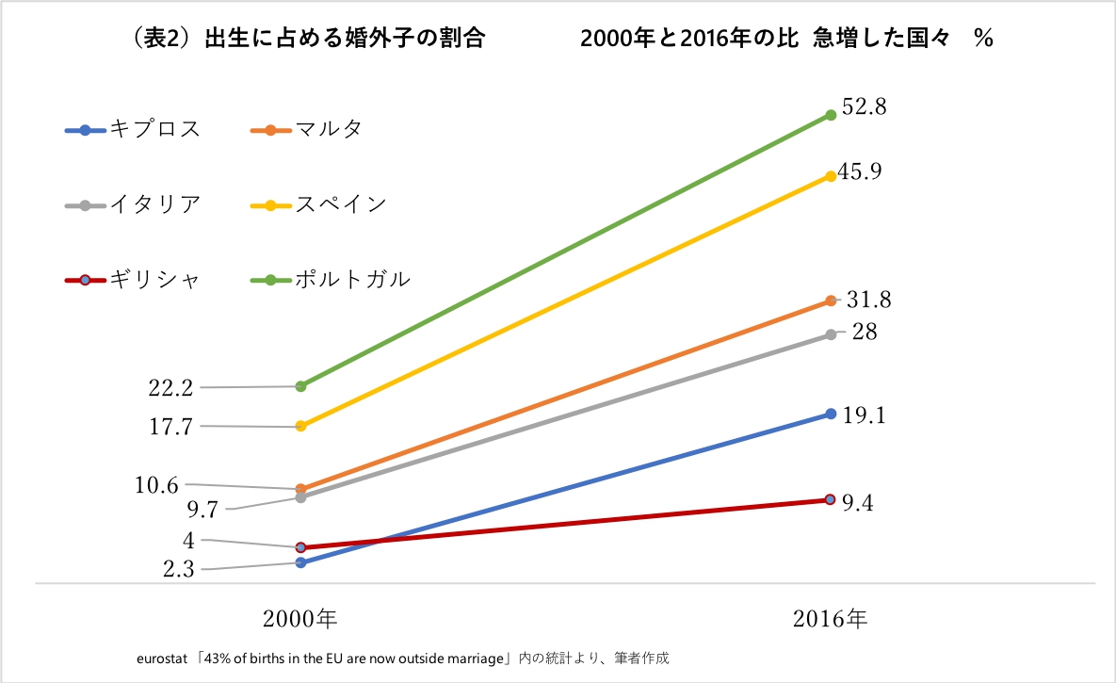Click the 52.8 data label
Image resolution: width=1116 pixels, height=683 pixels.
pos(864,107)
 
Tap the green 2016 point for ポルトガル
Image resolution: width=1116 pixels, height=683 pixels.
pos(831,115)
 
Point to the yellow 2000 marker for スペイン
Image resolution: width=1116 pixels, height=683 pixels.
pos(300,426)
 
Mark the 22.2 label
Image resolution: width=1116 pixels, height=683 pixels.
pos(170,387)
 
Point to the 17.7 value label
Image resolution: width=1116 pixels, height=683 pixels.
pos(170,427)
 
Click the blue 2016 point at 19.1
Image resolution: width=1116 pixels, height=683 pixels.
pos(831,414)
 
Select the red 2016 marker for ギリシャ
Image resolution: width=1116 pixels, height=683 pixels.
pos(830,499)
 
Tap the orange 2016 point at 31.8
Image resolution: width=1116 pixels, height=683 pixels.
pos(831,301)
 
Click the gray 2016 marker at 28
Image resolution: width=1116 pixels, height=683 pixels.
pos(831,334)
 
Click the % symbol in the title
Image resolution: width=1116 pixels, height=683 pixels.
pos(984,39)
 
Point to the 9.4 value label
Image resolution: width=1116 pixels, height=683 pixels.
pos(857,503)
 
